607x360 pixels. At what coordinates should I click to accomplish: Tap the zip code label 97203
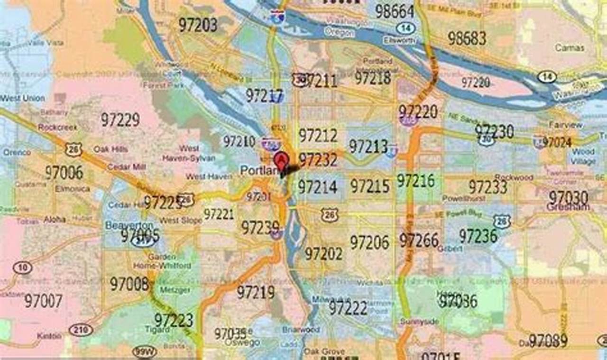coord(198,25)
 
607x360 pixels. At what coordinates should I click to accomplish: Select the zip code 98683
coord(467,38)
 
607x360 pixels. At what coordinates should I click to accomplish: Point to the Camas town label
coord(569,48)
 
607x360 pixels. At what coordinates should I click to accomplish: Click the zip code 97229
coord(120,120)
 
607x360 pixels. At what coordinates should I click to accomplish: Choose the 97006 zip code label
coord(64,172)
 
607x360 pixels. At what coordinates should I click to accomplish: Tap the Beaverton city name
coord(129,225)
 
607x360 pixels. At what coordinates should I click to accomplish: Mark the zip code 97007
coord(43,301)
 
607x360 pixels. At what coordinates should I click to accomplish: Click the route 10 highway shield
coord(22,268)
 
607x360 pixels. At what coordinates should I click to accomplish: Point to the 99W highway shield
coord(145,352)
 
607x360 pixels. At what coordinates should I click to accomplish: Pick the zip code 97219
coord(256,292)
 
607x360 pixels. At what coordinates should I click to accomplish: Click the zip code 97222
coord(348,308)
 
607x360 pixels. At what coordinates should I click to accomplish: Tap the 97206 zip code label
coord(369,242)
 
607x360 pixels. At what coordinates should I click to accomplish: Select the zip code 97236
coord(478,236)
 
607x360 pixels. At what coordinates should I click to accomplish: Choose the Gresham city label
coord(568,207)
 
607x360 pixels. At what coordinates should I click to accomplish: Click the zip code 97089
coord(548,341)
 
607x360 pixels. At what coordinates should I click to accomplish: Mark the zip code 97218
coord(373,78)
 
